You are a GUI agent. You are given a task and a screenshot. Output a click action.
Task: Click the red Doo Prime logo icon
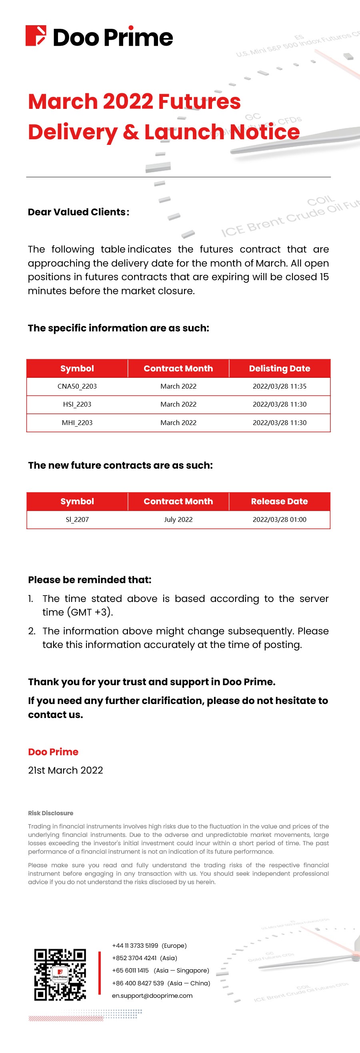(x=36, y=36)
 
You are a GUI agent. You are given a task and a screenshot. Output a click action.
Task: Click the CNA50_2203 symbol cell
(x=77, y=386)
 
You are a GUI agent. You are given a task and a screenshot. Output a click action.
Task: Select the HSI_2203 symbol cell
(x=77, y=404)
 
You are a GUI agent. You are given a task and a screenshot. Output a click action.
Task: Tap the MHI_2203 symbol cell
(x=77, y=423)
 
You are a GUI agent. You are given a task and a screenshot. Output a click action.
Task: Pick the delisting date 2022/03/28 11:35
(x=280, y=386)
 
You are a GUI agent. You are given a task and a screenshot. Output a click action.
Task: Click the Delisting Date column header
(x=280, y=368)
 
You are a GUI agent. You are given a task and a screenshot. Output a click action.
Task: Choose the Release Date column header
(x=280, y=501)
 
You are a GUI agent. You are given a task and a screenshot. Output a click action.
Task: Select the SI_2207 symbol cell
(x=77, y=519)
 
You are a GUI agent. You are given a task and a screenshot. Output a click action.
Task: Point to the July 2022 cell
(x=178, y=519)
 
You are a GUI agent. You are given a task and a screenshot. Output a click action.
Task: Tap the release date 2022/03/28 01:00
(x=280, y=519)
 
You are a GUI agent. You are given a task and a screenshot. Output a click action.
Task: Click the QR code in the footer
(x=60, y=975)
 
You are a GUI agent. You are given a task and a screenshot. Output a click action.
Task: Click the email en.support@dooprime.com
(x=152, y=996)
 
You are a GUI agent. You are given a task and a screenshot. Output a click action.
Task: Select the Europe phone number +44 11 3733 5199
(x=135, y=945)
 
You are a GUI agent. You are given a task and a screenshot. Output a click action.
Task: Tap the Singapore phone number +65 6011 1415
(x=130, y=971)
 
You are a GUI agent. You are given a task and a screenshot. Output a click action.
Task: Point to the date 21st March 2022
(x=65, y=770)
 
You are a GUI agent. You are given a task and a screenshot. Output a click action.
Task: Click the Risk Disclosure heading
(x=51, y=813)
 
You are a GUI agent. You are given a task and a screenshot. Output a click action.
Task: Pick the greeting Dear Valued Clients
(x=78, y=212)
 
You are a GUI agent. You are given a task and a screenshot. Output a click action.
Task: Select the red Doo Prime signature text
(x=53, y=752)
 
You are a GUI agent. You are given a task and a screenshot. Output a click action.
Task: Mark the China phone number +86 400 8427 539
(x=138, y=983)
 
